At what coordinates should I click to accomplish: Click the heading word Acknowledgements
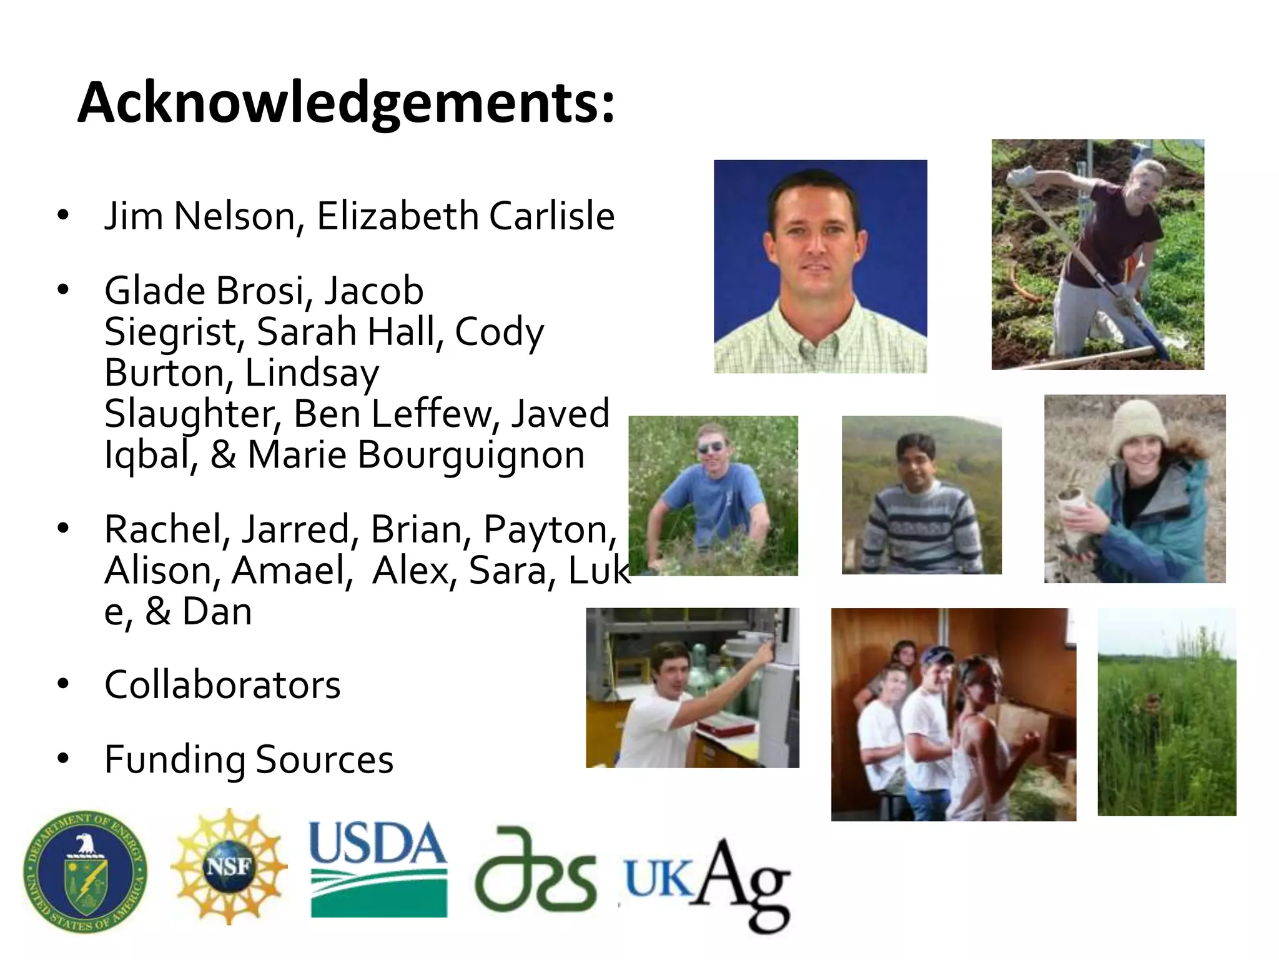346,103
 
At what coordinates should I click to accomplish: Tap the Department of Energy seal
85,872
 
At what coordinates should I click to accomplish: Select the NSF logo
229,866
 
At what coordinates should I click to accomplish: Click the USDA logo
378,869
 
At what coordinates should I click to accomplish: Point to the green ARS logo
536,870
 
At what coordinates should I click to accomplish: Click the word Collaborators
222,685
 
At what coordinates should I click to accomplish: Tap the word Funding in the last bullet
175,760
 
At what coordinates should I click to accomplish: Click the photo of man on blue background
820,266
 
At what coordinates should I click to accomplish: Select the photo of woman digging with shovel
1097,254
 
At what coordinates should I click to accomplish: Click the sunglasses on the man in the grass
711,447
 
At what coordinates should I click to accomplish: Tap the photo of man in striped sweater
921,495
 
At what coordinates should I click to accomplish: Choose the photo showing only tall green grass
1167,712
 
